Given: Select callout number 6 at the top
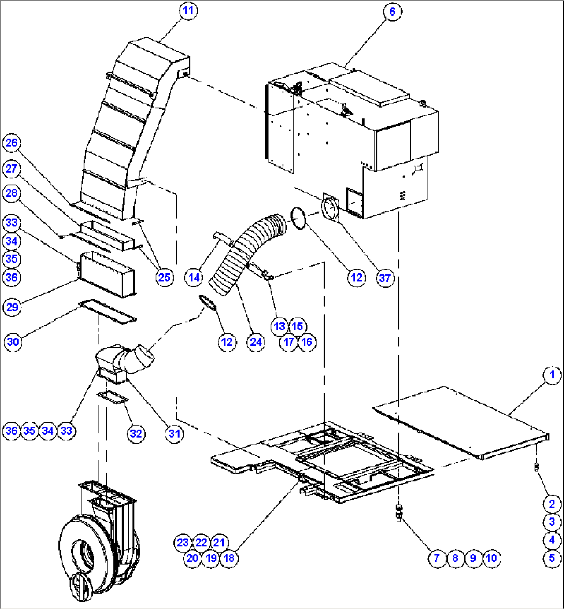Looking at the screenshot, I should click(x=392, y=11).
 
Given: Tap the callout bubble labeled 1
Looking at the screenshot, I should click(x=552, y=375).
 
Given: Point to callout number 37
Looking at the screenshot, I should click(x=385, y=278).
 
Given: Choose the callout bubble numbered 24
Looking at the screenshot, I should click(x=256, y=342).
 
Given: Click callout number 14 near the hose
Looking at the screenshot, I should click(x=194, y=278).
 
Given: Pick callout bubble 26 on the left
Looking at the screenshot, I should click(x=12, y=143).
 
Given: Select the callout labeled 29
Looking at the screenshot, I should click(x=12, y=307).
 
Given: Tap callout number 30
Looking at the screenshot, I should click(x=13, y=342).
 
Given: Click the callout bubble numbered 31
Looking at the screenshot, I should click(x=174, y=433).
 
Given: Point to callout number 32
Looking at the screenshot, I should click(x=136, y=433).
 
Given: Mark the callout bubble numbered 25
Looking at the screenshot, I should click(x=164, y=278).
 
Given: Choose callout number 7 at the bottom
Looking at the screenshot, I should click(x=436, y=558).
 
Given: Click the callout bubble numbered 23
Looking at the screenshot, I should click(x=182, y=542).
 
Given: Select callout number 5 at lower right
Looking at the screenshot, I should click(x=552, y=558).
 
